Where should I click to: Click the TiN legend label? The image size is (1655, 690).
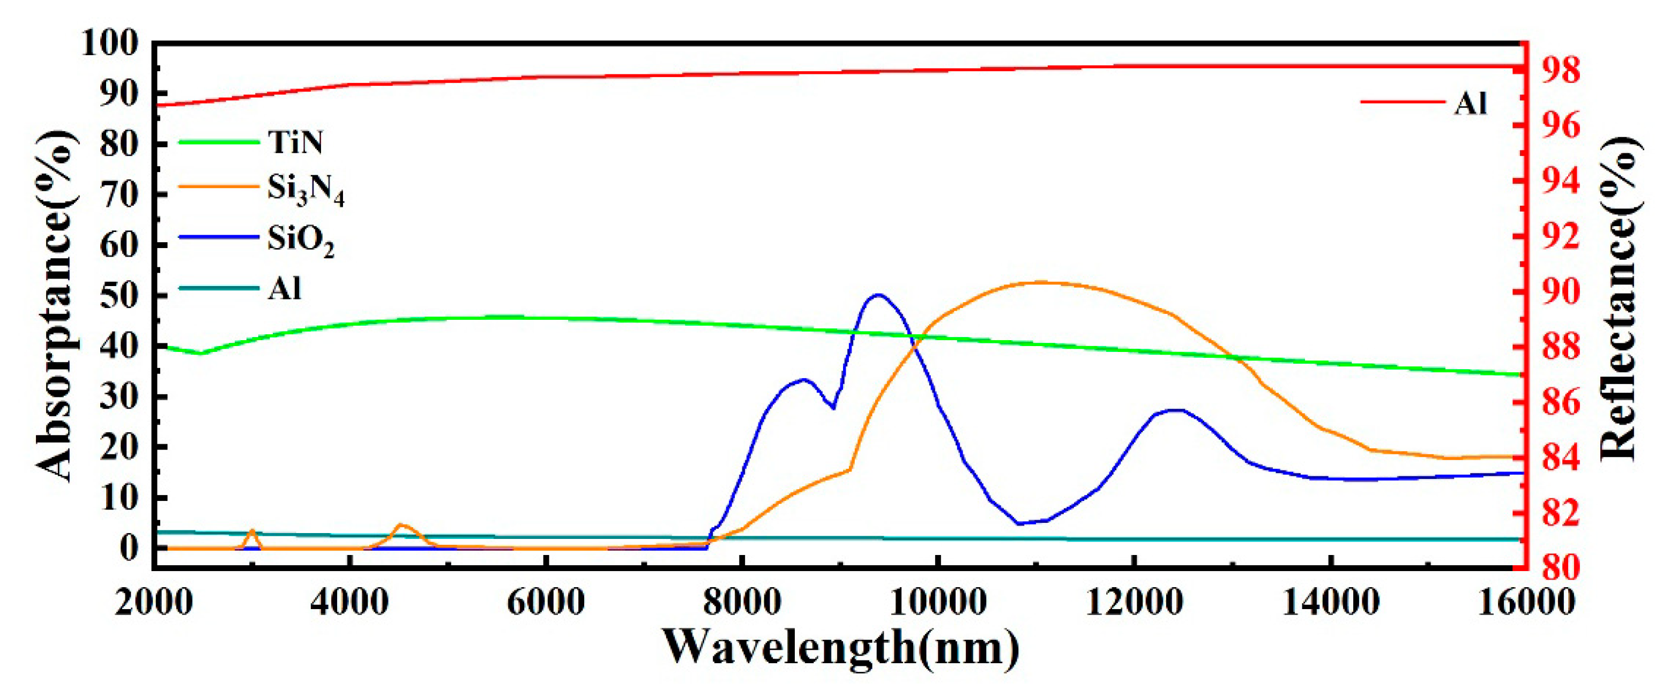(x=295, y=142)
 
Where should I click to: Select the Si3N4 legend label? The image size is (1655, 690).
(x=305, y=190)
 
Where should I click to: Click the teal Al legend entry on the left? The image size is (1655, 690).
(x=284, y=289)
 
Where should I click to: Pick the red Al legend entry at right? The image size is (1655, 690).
(x=1471, y=103)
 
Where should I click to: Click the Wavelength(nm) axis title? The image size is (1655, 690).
(x=840, y=647)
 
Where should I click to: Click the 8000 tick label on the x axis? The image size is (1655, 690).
(x=742, y=603)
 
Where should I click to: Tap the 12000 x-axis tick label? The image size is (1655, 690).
(x=1135, y=603)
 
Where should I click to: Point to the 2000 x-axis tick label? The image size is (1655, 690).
(x=154, y=603)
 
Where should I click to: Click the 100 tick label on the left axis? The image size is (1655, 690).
(x=110, y=44)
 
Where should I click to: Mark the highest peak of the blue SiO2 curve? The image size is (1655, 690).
(x=878, y=295)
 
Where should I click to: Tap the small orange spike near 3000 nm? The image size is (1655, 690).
(x=252, y=531)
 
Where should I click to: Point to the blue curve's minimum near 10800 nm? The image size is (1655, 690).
(x=1018, y=523)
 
